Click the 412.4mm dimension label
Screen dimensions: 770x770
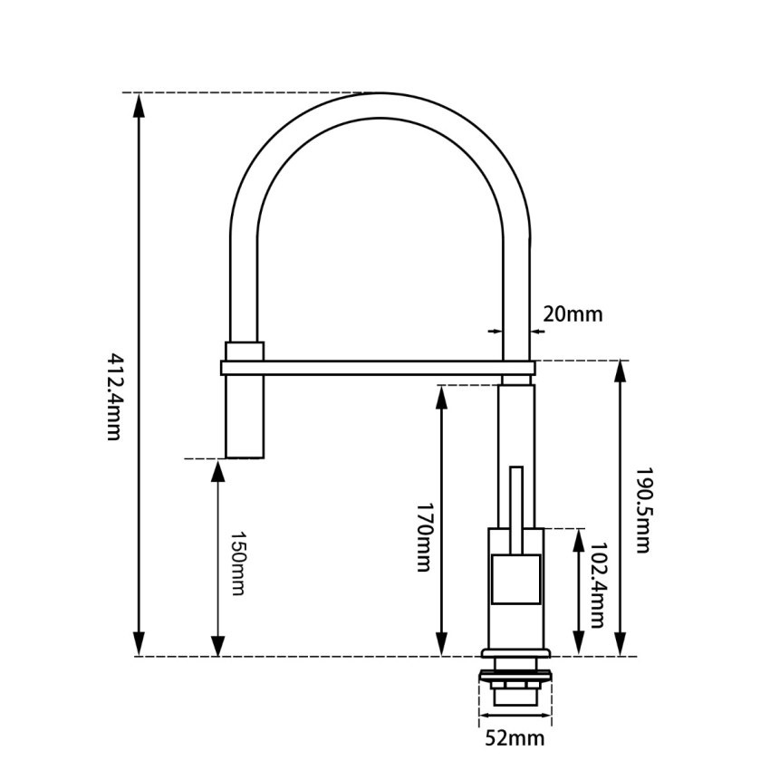coord(112,395)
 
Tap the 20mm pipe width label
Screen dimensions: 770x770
coord(573,314)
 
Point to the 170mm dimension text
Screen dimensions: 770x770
coord(423,537)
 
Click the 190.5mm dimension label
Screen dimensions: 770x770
coord(642,510)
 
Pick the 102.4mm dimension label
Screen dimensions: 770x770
coord(596,584)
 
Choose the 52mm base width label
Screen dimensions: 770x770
coord(515,738)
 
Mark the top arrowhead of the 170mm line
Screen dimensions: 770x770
coord(442,396)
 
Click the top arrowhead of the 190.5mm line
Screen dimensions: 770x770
coord(621,371)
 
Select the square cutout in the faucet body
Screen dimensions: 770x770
coord(515,580)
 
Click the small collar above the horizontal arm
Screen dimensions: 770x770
coord(245,351)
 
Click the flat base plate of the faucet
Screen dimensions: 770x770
coord(515,654)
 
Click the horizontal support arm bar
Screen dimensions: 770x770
coord(376,367)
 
